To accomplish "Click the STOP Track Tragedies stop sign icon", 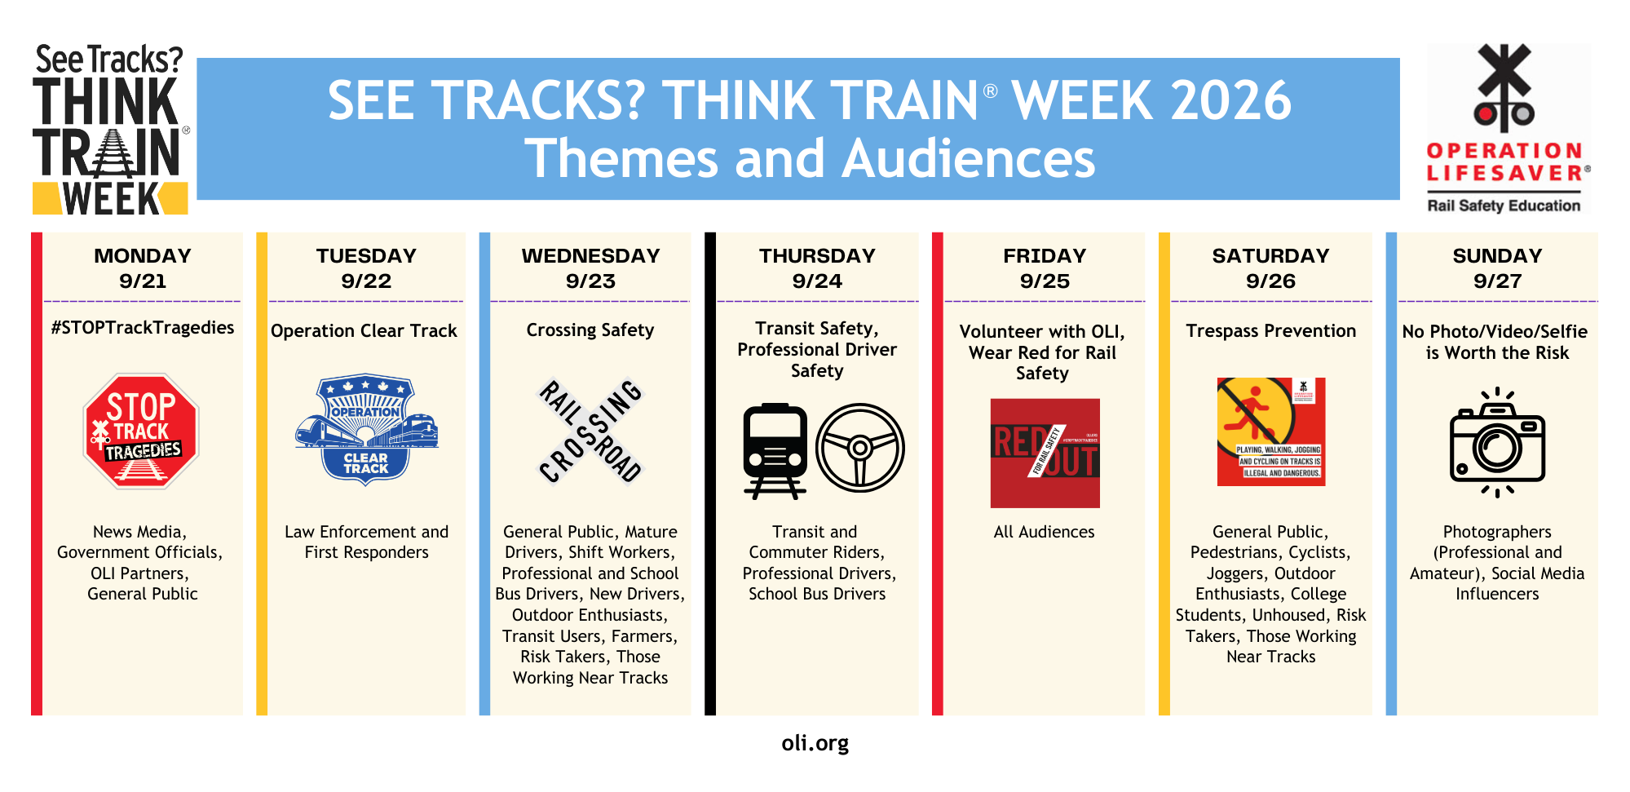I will click(141, 431).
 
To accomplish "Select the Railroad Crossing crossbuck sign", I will click(590, 431).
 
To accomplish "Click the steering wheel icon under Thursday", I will click(859, 448).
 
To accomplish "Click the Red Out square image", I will click(1045, 453).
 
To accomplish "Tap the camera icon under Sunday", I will click(1497, 443).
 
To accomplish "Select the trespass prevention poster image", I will click(1270, 431).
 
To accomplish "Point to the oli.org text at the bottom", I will click(815, 743).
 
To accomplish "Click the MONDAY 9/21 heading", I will click(143, 268).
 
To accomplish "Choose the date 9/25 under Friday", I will click(1045, 281).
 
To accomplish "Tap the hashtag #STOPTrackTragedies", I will click(143, 328).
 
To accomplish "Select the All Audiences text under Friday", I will click(1044, 532).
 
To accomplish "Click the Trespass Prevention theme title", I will click(1270, 331).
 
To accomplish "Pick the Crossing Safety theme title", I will click(590, 330).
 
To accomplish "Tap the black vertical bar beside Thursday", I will click(710, 473).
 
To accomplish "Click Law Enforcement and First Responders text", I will click(366, 542).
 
